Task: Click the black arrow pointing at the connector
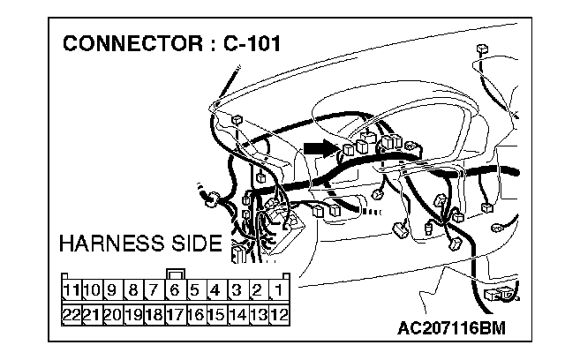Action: (319, 146)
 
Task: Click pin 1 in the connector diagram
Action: (278, 289)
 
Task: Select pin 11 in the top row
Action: (71, 289)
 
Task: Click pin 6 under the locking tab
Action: (175, 289)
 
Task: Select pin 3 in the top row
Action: (237, 289)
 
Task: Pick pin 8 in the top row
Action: (133, 289)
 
